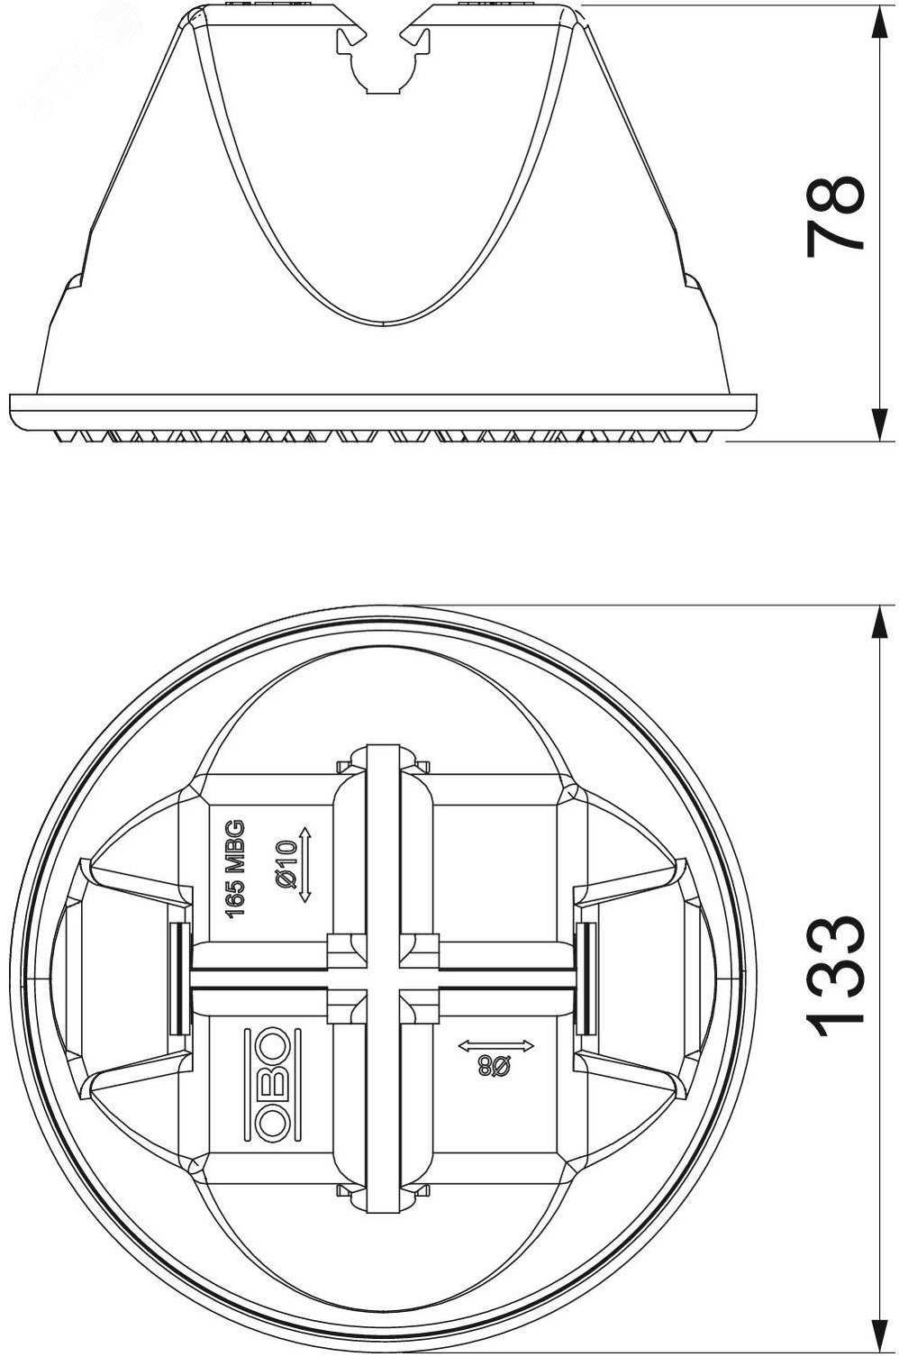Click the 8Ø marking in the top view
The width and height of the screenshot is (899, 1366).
495,1067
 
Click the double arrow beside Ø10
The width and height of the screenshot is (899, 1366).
305,864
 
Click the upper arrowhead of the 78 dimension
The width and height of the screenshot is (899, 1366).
879,23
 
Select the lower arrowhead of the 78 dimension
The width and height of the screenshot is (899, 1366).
879,423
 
